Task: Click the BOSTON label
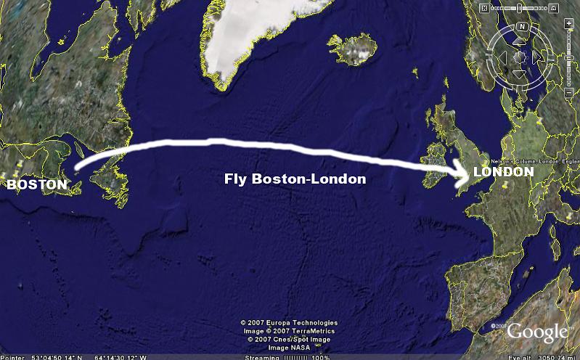click(36, 185)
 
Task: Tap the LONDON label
click(503, 172)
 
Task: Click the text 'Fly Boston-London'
click(295, 179)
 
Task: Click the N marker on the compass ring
click(521, 26)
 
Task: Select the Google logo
click(536, 332)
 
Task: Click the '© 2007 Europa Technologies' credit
click(290, 323)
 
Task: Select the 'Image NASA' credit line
click(290, 348)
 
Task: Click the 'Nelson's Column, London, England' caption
click(544, 160)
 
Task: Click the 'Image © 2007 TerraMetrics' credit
click(290, 331)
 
